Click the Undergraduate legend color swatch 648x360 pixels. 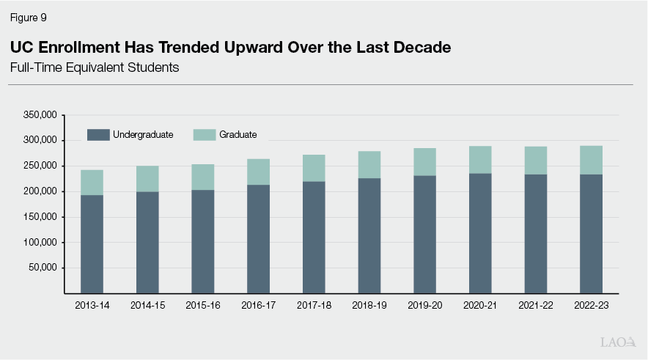click(97, 134)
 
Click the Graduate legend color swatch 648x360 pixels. click(205, 134)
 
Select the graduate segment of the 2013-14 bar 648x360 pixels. click(92, 183)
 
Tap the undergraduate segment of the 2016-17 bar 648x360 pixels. click(258, 238)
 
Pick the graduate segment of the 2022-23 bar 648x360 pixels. click(591, 160)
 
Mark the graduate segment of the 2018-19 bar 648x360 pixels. click(369, 165)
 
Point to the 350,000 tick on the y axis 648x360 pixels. click(40, 115)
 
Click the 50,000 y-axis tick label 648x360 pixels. click(42, 268)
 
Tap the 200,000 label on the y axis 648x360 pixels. click(40, 191)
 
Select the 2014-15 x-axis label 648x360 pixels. click(147, 305)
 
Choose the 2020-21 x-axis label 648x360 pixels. click(480, 305)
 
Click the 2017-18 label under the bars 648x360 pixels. click(314, 305)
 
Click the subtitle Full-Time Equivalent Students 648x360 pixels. click(95, 67)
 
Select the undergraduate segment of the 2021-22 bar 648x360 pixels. click(535, 233)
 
